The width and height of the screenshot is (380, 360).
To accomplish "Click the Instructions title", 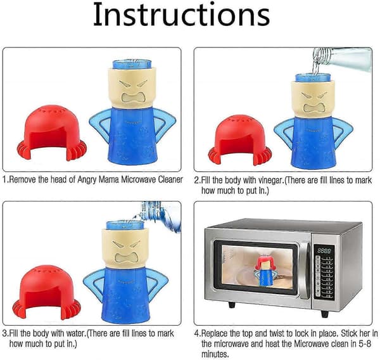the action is [x=181, y=15].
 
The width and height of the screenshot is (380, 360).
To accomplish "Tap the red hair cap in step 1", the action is [x=52, y=132].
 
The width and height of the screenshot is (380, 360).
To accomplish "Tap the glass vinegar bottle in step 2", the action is [x=342, y=59].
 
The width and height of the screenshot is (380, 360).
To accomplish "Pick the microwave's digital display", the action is [x=324, y=251].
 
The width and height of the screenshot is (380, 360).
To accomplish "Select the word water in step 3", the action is [x=75, y=333].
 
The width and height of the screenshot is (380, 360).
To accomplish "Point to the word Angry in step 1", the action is [x=86, y=180].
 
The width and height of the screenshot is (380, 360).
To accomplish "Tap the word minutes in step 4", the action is [x=215, y=354].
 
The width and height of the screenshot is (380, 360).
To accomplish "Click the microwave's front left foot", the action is [x=232, y=304].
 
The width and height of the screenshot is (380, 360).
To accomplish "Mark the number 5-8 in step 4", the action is [x=364, y=344].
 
